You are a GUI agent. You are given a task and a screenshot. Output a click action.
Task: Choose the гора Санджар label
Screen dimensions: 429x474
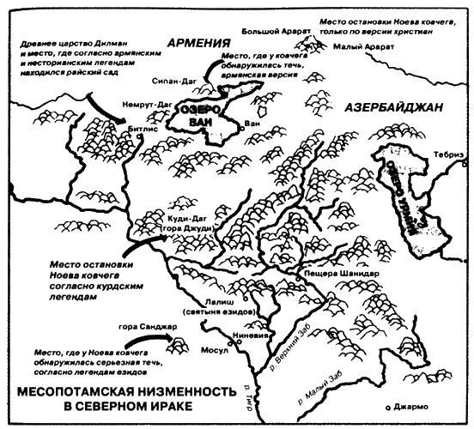[140, 327]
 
